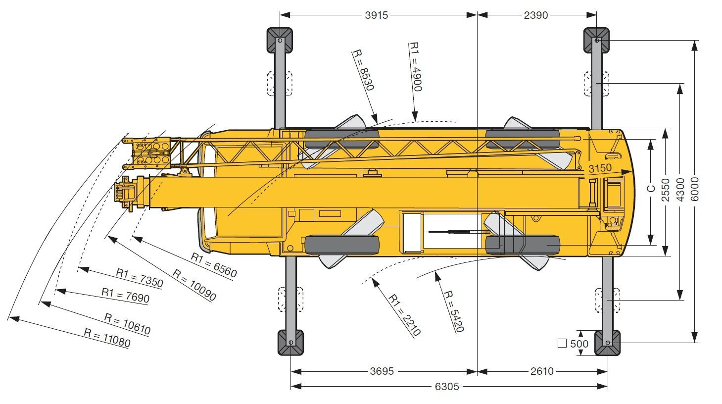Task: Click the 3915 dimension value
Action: click(377, 15)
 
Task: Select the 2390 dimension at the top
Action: click(535, 15)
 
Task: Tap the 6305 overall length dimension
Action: click(447, 387)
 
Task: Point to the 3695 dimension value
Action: click(382, 371)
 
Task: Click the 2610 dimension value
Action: click(541, 371)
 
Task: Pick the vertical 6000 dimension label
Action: click(695, 189)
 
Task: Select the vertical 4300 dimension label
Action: click(680, 190)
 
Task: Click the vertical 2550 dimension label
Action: click(666, 190)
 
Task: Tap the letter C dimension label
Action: click(652, 188)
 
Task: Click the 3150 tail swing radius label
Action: click(599, 168)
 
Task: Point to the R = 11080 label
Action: click(107, 339)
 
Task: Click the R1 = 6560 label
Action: click(214, 265)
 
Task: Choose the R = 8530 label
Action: click(363, 70)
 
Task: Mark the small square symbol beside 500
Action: click(562, 343)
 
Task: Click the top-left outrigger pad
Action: click(280, 40)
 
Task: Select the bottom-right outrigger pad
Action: click(607, 343)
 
